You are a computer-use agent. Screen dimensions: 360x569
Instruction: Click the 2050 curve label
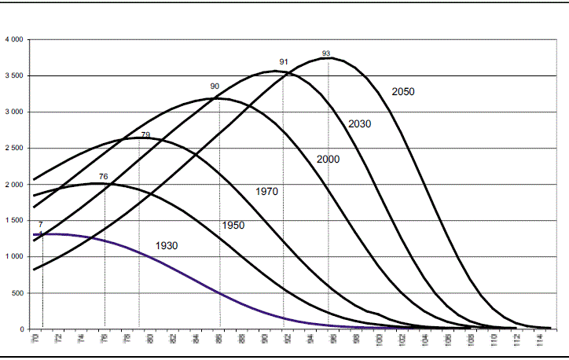pos(402,92)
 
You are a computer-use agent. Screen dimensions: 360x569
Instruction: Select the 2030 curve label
pos(359,124)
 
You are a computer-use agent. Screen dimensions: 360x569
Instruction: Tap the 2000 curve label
pos(328,160)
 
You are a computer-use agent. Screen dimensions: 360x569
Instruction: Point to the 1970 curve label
pos(266,192)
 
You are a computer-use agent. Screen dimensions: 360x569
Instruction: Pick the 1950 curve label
pos(233,226)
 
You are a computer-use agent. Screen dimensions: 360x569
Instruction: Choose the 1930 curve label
pos(166,246)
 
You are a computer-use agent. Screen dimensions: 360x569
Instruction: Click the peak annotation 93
pos(326,53)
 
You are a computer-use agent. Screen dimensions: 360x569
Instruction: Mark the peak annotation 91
pos(284,62)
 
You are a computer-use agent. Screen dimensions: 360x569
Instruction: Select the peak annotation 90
pos(215,86)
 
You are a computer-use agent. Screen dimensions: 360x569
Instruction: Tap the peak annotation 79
pos(145,135)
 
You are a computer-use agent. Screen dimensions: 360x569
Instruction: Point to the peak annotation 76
pos(104,176)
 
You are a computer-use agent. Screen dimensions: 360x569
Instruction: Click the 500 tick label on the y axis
pos(17,293)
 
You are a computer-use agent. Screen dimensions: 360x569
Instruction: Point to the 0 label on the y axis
pos(23,329)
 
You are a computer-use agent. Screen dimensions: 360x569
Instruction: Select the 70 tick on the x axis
pos(35,340)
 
